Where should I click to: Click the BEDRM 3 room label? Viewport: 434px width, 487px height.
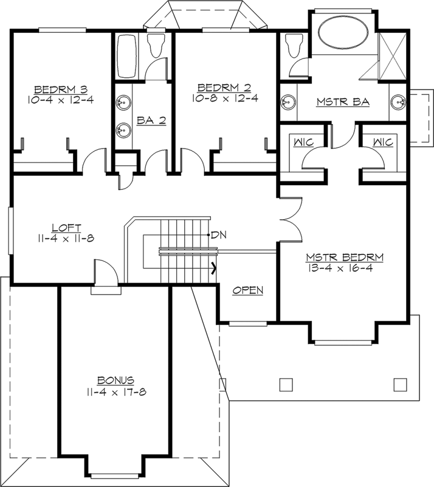click(59, 86)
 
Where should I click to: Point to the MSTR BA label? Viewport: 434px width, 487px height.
click(343, 102)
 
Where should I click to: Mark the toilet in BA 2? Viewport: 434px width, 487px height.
click(157, 46)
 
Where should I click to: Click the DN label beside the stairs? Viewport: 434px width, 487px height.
click(217, 234)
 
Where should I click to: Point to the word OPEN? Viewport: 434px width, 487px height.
click(248, 290)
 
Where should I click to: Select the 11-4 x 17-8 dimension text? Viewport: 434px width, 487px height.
click(115, 391)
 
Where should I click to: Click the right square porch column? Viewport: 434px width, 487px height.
click(399, 384)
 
